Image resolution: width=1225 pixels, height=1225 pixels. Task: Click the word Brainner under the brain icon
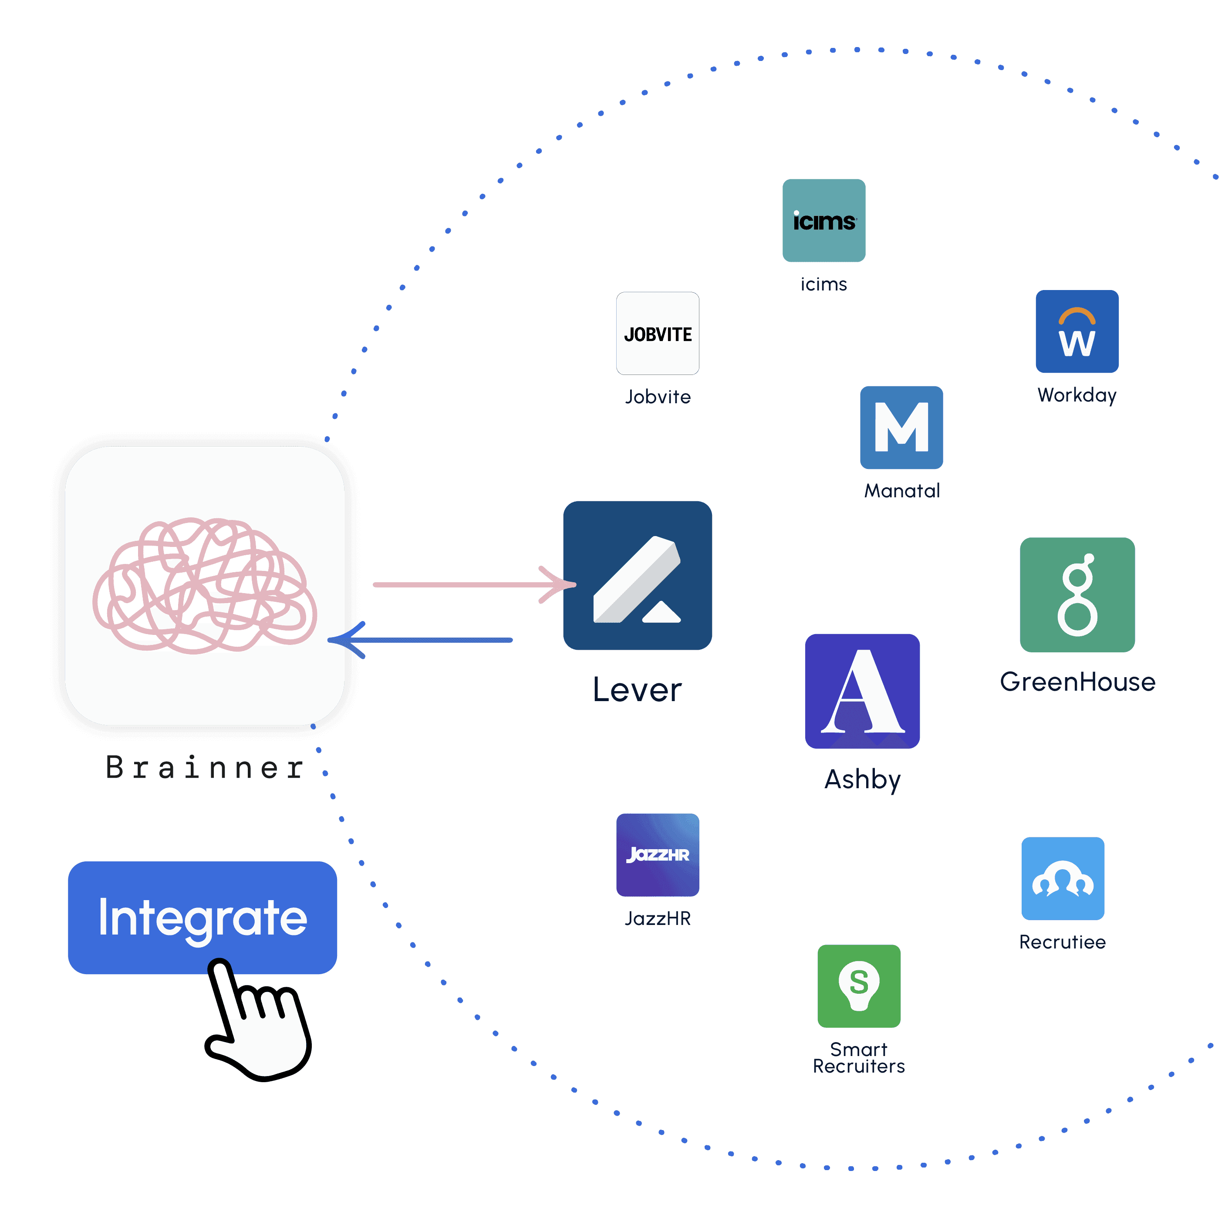tap(204, 767)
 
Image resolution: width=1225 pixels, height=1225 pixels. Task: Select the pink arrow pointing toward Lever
tap(472, 584)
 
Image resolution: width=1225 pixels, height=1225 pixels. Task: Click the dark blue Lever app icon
tap(637, 575)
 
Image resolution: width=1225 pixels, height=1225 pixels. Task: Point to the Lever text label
tap(637, 689)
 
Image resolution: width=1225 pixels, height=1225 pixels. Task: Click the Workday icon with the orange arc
tap(1077, 331)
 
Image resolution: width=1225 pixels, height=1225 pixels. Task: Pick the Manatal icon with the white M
tap(901, 427)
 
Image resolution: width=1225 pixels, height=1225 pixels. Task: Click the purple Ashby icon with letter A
tap(862, 691)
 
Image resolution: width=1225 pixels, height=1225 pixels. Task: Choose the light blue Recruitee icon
tap(1063, 878)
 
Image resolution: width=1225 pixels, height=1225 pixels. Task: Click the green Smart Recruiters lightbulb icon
tap(858, 986)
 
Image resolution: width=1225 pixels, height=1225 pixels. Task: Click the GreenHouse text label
tap(1077, 682)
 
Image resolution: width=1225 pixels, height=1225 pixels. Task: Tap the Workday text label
tap(1077, 395)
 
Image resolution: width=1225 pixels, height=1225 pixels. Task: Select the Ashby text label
tap(862, 779)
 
